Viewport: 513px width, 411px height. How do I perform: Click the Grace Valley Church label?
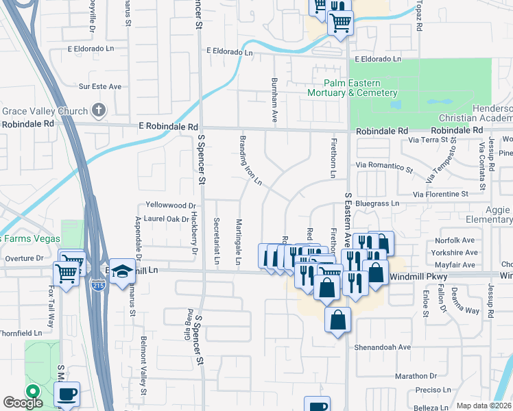(x=45, y=111)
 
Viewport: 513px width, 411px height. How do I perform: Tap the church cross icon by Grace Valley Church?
(x=99, y=110)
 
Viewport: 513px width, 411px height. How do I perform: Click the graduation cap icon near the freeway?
(x=122, y=271)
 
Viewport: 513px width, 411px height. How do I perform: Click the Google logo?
(x=23, y=403)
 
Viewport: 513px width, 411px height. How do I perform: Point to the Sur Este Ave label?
(x=99, y=86)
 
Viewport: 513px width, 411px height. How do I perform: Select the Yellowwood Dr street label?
(x=171, y=205)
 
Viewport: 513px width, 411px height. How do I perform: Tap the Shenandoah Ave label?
(x=382, y=347)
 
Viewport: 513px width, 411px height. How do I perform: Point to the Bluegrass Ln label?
(x=377, y=203)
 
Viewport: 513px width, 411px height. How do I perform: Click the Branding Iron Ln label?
(x=250, y=160)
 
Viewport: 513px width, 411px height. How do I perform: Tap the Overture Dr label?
(x=24, y=258)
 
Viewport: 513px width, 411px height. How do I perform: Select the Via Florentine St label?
(x=440, y=194)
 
